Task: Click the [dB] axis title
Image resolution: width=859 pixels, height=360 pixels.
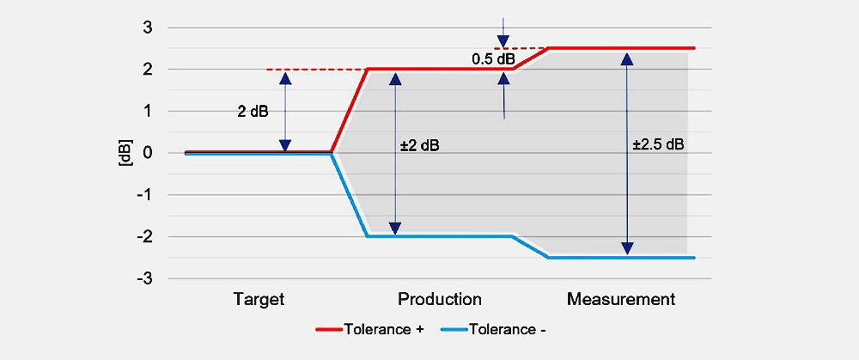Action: click(126, 153)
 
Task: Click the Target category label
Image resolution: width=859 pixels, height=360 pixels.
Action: click(259, 300)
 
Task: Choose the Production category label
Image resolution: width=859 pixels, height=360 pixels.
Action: click(439, 300)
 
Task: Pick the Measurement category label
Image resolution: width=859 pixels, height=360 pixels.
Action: click(621, 300)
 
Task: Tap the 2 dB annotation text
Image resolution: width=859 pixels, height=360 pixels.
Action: click(253, 112)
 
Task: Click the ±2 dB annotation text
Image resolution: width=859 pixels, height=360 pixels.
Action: click(420, 146)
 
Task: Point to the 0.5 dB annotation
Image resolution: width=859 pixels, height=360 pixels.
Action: click(494, 59)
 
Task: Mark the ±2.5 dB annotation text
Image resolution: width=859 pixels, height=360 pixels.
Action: click(658, 144)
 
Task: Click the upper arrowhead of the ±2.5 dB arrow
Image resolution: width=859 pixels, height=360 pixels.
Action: click(627, 59)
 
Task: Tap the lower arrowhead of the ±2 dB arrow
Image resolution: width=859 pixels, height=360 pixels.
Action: click(394, 228)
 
